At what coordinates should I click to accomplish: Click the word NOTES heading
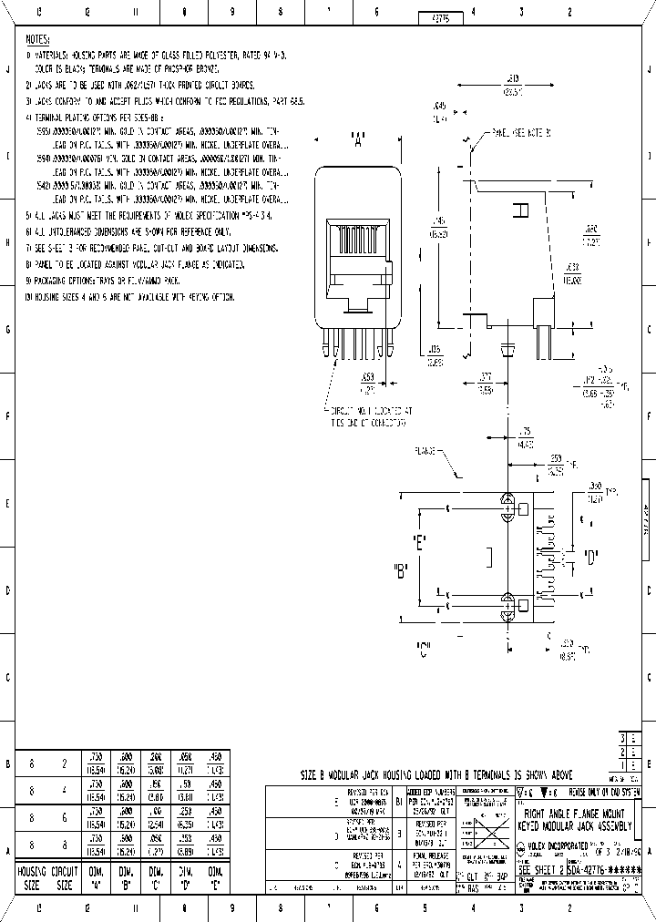37,41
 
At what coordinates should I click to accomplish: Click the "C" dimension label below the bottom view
424,651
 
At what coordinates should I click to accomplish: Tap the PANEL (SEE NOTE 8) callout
521,133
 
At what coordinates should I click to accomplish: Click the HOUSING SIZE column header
32,877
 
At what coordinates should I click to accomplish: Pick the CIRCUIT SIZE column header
63,877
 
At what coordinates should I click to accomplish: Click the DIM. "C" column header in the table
156,877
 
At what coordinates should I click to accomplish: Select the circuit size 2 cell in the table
63,763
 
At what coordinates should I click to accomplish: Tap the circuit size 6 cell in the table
63,817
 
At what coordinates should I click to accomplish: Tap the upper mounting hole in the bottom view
507,501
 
